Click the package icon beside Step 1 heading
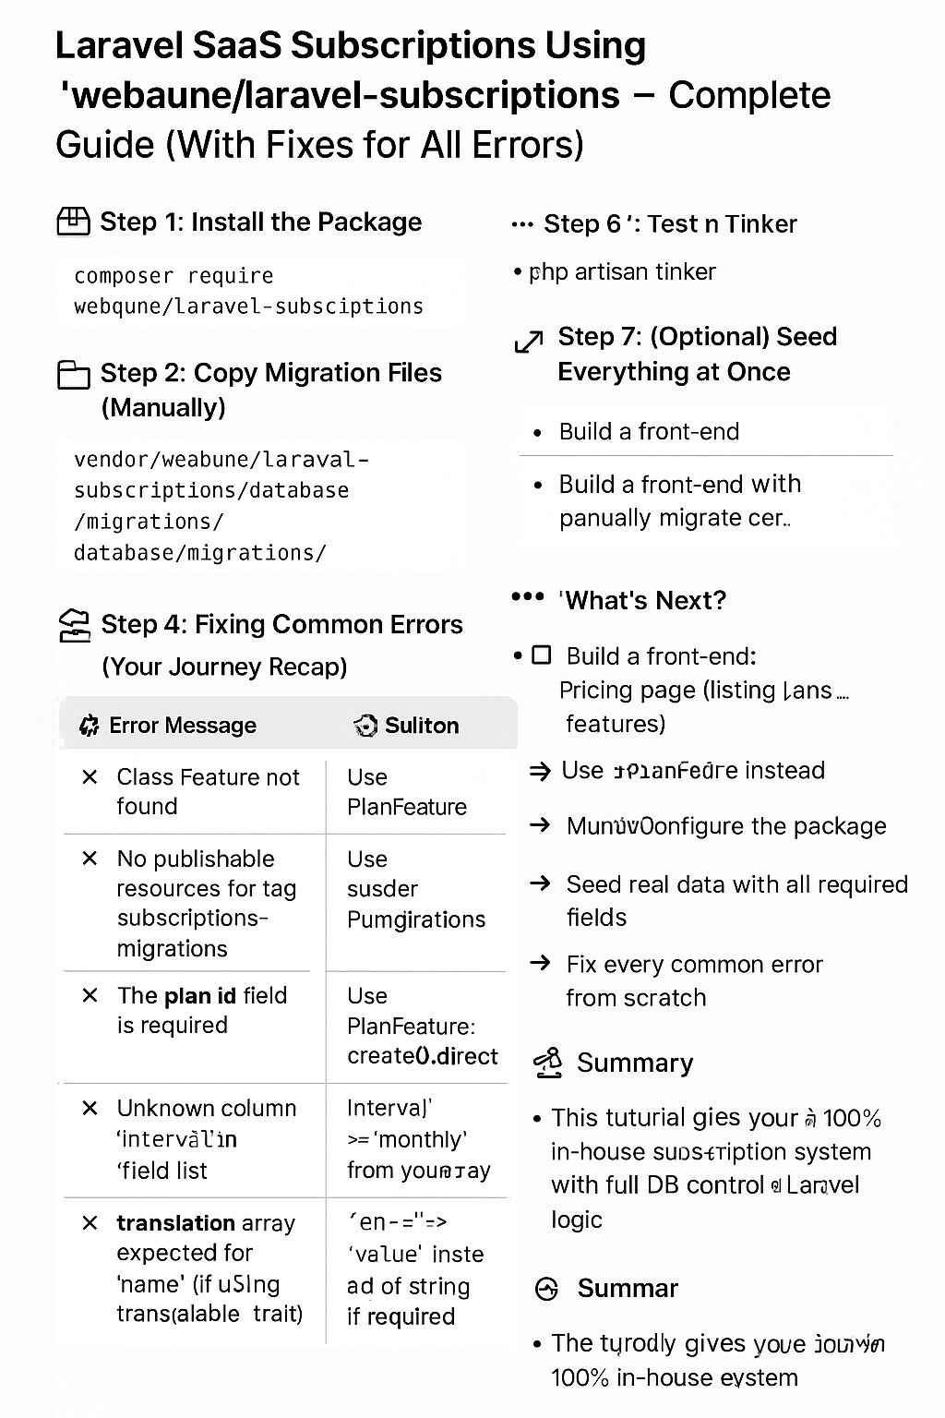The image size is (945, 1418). click(73, 222)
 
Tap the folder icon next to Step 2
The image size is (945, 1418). click(73, 374)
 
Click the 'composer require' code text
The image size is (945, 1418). click(173, 276)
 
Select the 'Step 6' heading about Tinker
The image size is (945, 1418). click(669, 224)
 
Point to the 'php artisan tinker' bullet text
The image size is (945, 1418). click(622, 272)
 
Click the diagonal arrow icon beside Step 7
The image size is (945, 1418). click(528, 342)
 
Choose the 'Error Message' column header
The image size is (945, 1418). click(182, 726)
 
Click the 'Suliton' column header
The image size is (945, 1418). click(421, 726)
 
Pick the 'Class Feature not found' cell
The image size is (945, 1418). click(208, 791)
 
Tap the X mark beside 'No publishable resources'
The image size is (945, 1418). click(90, 859)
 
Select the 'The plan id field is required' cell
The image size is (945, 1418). click(201, 1010)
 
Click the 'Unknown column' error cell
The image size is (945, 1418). click(206, 1138)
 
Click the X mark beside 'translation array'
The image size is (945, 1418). click(90, 1223)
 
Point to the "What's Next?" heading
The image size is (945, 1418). click(644, 601)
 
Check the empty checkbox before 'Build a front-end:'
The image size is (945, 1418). click(542, 655)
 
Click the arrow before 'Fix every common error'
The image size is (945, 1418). click(540, 964)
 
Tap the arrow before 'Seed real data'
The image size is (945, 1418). click(540, 883)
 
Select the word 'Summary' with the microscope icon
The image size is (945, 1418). click(634, 1063)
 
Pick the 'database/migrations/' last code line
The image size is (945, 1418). click(199, 553)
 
